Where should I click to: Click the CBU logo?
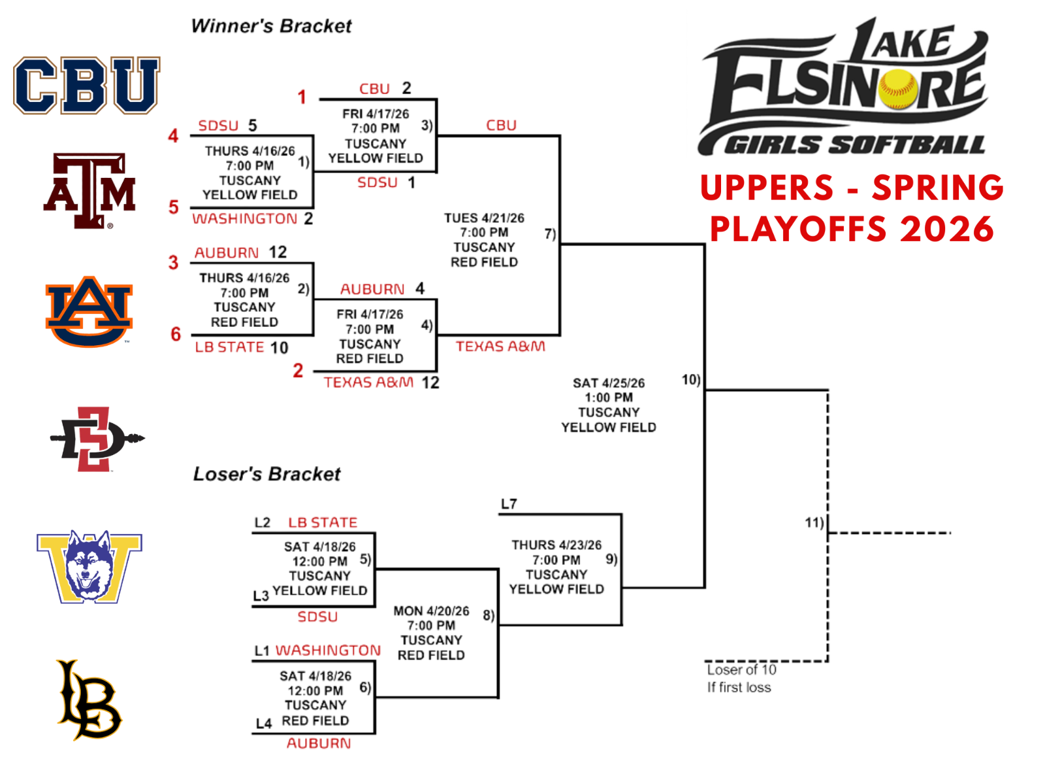point(86,85)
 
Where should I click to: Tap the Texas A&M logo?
point(89,190)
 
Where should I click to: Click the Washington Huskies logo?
point(89,566)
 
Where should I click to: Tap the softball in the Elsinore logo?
point(897,89)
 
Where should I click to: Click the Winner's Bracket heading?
point(271,26)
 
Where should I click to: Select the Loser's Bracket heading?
point(266,474)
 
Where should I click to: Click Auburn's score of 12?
point(278,252)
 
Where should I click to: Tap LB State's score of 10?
point(279,348)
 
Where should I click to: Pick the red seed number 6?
point(176,334)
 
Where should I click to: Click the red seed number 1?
point(302,97)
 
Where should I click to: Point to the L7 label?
point(509,504)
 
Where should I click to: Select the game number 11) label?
point(814,522)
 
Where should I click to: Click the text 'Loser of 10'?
point(741,669)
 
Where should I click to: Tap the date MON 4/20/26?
point(431,611)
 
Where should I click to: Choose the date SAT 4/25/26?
point(609,383)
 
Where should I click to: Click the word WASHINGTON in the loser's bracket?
point(328,651)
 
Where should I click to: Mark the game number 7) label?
point(550,233)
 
